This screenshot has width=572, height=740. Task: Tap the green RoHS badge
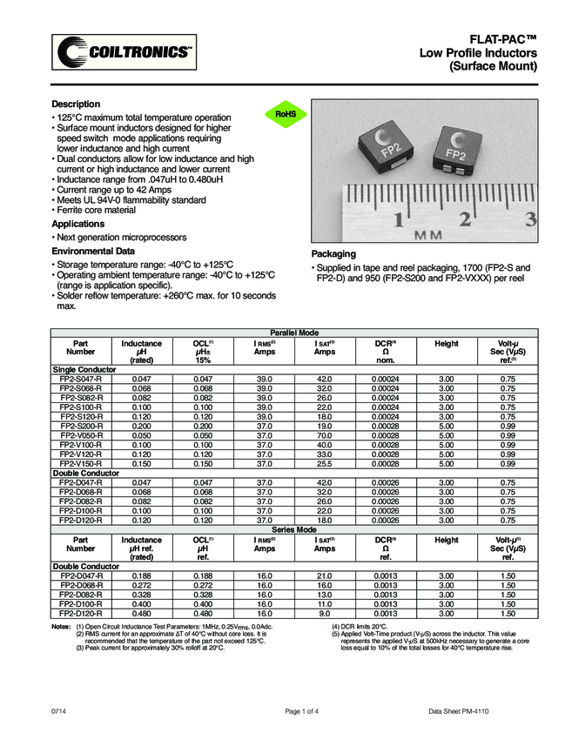[x=286, y=114]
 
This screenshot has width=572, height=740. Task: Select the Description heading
[x=77, y=104]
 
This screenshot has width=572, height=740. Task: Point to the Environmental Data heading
[x=93, y=251]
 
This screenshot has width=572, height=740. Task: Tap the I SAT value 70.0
[x=325, y=434]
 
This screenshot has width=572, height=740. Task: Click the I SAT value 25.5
[x=325, y=464]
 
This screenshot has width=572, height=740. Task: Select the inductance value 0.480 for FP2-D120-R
[x=141, y=613]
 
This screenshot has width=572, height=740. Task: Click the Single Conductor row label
[x=84, y=370]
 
